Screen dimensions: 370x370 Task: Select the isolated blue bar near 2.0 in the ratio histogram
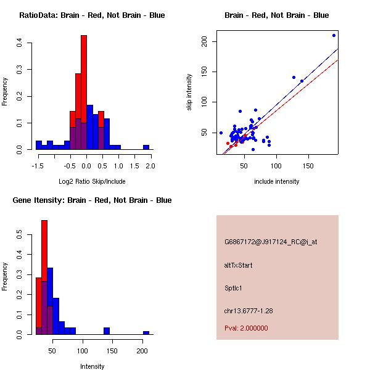(x=146, y=147)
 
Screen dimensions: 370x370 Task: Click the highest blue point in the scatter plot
(x=334, y=35)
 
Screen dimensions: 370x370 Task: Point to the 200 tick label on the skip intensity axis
(x=205, y=41)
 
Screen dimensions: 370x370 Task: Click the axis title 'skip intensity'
(x=189, y=92)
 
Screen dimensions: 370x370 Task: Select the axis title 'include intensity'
(x=276, y=181)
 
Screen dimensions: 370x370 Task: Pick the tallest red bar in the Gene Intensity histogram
(x=44, y=277)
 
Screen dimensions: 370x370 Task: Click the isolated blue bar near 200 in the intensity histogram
(x=146, y=332)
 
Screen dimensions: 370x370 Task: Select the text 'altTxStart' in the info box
(x=239, y=265)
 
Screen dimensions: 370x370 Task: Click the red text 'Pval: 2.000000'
(x=246, y=328)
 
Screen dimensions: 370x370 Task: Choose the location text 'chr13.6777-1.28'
(x=249, y=310)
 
